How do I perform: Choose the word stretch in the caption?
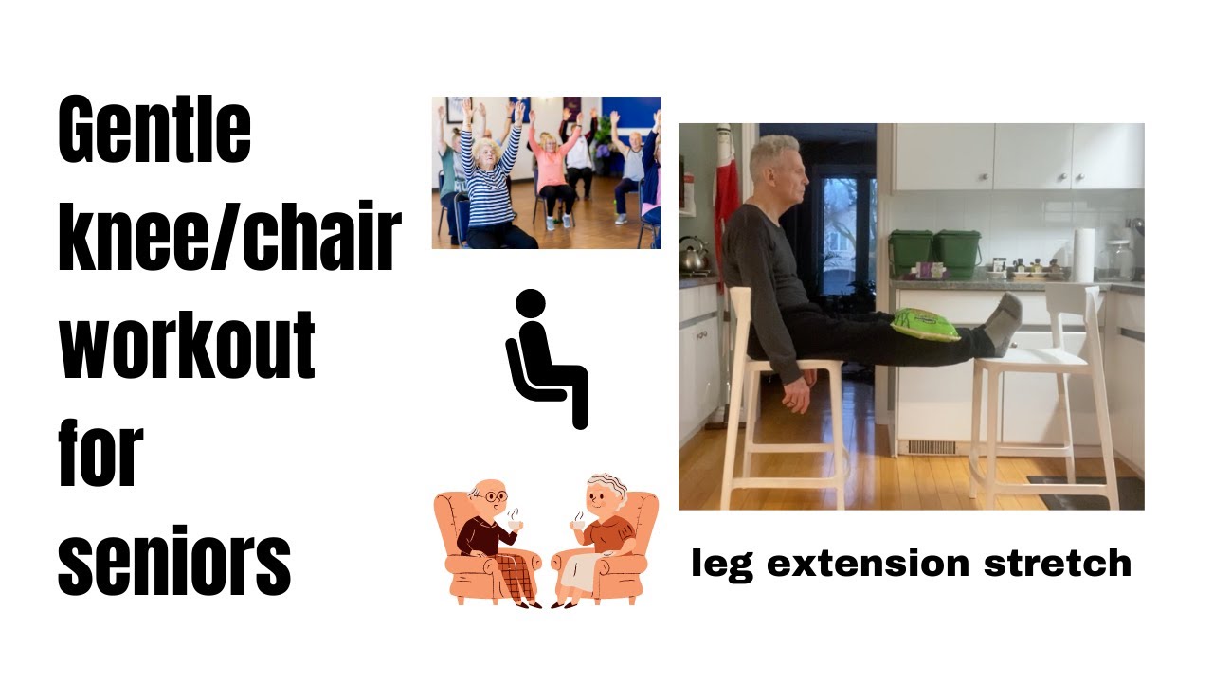[x=1058, y=564]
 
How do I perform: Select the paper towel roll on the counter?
[x=1084, y=253]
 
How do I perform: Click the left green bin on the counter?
[x=910, y=251]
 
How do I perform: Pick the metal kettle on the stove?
[x=694, y=254]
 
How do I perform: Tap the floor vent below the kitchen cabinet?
[x=932, y=447]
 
